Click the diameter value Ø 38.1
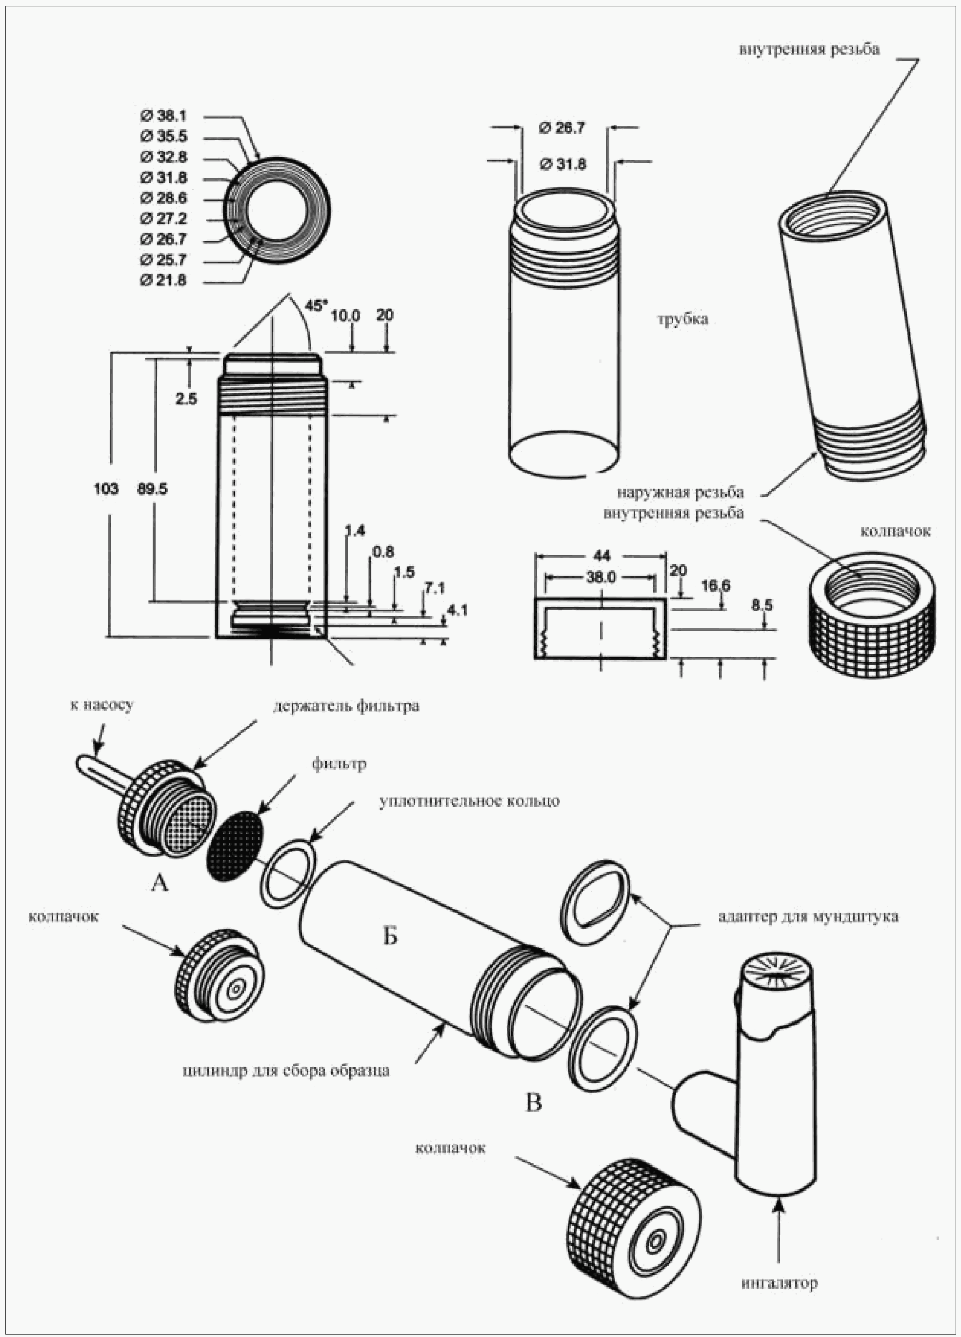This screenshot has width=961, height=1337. click(163, 116)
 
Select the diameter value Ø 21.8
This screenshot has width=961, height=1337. click(163, 280)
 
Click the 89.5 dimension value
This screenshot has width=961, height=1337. click(152, 489)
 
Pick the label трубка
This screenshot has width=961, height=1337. click(683, 319)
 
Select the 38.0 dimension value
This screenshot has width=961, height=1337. click(600, 577)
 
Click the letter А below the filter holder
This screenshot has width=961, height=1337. click(160, 882)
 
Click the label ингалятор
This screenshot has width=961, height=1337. click(780, 1283)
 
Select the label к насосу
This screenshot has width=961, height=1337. click(102, 704)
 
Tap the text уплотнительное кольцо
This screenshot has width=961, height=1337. click(469, 801)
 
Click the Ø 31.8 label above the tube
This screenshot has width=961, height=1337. click(562, 164)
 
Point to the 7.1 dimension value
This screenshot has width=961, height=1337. click(435, 588)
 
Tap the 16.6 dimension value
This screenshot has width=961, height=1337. click(715, 585)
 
